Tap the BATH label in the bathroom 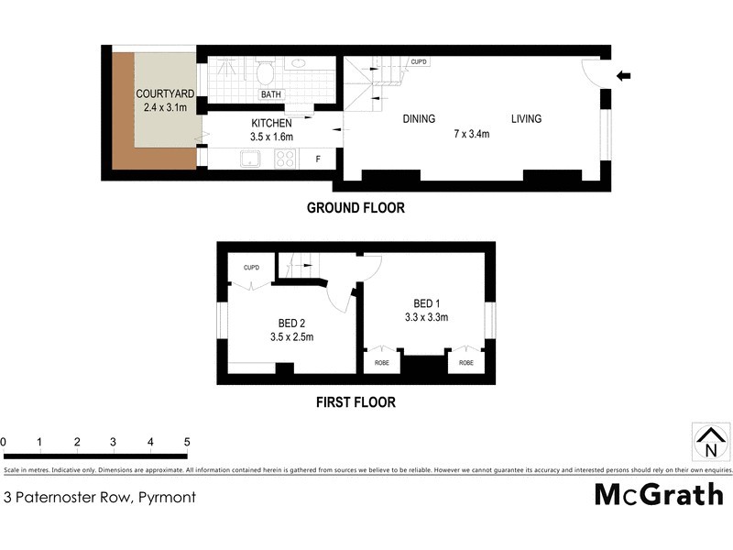(x=271, y=94)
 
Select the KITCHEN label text (x=271, y=123)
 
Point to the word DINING (x=419, y=118)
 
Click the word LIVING (x=526, y=118)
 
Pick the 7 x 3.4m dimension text (x=473, y=134)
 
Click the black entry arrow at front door (x=625, y=76)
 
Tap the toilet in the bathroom (x=266, y=71)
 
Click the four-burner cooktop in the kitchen (x=285, y=159)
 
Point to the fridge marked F (x=318, y=159)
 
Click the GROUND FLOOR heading (x=356, y=208)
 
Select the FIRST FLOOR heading (x=356, y=401)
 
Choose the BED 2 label (x=291, y=322)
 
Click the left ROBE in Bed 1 (x=381, y=363)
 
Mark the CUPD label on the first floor (x=251, y=268)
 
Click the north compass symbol (x=710, y=443)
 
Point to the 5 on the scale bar (x=187, y=442)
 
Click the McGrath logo (x=658, y=495)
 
